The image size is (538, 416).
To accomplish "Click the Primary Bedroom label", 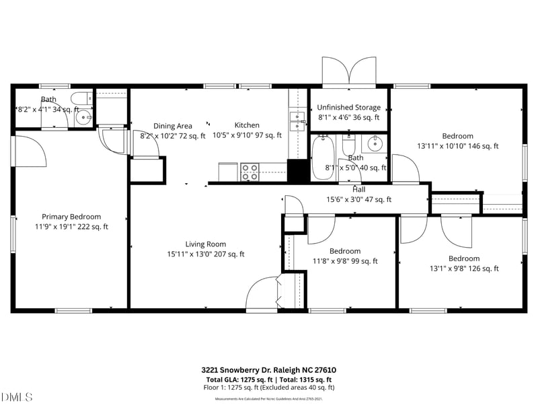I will coord(71,217).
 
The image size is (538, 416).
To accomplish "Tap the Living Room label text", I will coord(206,244).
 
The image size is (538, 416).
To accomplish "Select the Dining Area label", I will coord(173,126).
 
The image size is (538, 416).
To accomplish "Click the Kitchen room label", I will coord(247,125).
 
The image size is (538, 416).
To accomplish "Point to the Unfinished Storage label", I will coord(348,108).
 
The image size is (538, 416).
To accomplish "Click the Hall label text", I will coord(358,190).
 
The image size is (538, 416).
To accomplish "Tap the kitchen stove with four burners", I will coord(250,171).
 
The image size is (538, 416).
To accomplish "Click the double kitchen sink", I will coord(297,121).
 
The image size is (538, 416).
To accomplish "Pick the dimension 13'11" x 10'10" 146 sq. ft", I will coord(457,145).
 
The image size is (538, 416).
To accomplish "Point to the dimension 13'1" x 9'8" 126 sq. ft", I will coord(463,269).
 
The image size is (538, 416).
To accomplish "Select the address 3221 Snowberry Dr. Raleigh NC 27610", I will coord(268,370).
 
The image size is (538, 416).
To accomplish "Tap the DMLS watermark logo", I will coord(16,397).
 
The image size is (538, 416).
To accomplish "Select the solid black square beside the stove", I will coord(297,170).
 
